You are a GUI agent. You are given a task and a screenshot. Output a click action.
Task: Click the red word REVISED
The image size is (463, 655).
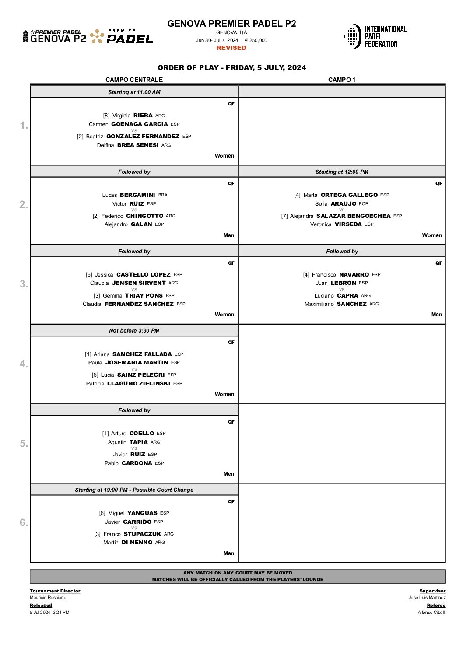tap(231, 48)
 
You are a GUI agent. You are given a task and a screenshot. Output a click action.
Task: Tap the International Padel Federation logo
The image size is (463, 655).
tap(375, 36)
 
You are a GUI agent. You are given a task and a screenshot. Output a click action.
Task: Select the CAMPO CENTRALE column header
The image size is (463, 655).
tap(134, 80)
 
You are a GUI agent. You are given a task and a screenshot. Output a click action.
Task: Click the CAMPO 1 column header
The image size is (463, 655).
tap(342, 80)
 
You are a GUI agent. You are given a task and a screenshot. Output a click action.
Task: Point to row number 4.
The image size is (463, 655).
tap(24, 364)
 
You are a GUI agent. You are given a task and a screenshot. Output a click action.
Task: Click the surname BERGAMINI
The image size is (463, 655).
tap(137, 195)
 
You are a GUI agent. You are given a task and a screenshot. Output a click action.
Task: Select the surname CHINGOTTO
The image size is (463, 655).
tap(144, 216)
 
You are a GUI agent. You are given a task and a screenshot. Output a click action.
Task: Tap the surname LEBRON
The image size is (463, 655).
tap(343, 283)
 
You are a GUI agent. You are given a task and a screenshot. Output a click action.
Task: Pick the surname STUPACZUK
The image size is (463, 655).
tap(142, 534)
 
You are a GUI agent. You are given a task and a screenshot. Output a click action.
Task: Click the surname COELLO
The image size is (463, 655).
tap(142, 434)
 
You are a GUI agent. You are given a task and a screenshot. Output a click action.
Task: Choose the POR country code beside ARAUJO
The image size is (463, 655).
tap(364, 204)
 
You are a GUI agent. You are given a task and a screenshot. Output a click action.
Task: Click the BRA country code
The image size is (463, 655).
tap(163, 195)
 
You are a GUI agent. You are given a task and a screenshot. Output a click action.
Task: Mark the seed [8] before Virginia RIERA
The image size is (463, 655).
tap(106, 116)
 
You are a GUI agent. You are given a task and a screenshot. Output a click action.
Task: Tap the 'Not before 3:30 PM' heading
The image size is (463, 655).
tap(134, 331)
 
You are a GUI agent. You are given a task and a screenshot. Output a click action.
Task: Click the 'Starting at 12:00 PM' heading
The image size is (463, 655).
tap(342, 172)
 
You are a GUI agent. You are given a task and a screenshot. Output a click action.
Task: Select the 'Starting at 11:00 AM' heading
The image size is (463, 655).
tap(134, 92)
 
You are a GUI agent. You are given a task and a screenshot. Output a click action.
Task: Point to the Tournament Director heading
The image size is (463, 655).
tap(55, 591)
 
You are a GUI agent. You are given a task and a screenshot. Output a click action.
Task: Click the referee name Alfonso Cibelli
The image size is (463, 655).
tap(431, 612)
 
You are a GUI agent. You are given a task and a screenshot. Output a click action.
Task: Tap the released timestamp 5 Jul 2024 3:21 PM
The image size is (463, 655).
tap(49, 612)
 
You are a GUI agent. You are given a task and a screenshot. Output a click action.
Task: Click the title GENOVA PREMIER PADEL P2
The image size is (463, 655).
tap(231, 24)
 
